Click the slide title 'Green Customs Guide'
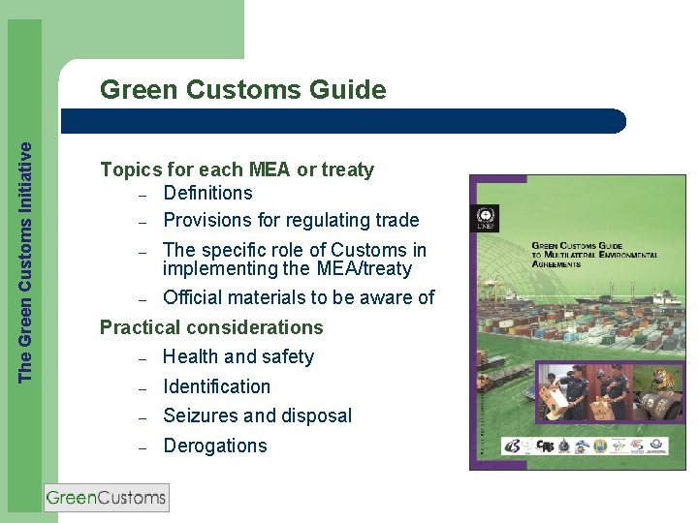coord(242,90)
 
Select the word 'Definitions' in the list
coord(207,194)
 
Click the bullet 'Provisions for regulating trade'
coord(291,221)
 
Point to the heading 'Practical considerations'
coord(211,327)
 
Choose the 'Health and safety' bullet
coord(238,357)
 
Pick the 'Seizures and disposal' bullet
coord(257,416)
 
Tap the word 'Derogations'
coord(214,446)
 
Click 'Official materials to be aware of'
coord(299,297)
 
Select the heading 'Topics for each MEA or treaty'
coord(237,169)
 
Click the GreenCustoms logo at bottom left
coord(107,498)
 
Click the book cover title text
coord(594,253)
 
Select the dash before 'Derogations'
coord(142,447)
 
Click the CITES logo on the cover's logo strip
coord(546,446)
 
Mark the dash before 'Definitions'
coord(142,195)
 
